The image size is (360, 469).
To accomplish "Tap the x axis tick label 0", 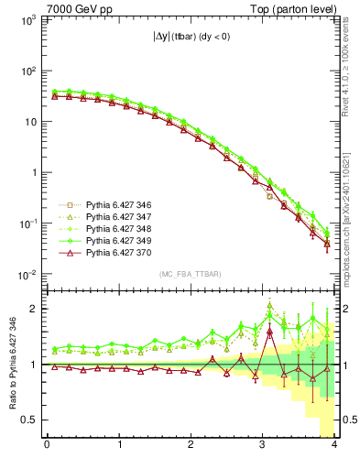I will tap(47, 446).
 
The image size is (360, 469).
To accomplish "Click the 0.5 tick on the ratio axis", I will tap(29, 420).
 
